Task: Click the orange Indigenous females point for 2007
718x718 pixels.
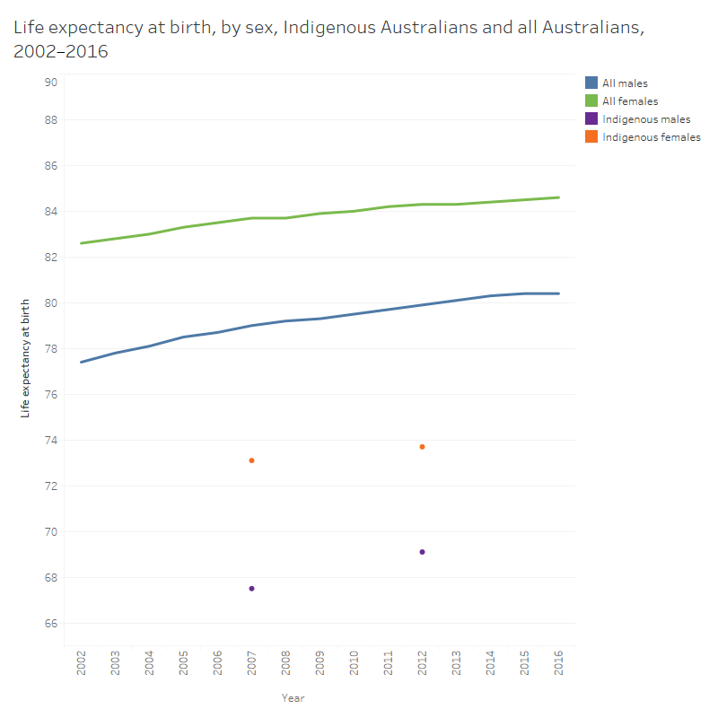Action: (251, 460)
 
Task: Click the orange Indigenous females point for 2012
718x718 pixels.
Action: (422, 447)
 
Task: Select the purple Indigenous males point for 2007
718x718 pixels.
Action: (251, 589)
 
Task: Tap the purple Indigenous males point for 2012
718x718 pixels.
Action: (422, 552)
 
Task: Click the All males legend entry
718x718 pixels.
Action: (625, 83)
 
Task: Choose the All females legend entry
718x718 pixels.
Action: (630, 101)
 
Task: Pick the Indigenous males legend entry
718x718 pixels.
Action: (646, 119)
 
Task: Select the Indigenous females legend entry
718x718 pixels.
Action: (651, 137)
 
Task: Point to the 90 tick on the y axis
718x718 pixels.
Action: (51, 82)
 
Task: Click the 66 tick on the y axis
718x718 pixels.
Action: (51, 624)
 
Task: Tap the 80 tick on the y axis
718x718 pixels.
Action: (51, 303)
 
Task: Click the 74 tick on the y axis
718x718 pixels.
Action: (51, 441)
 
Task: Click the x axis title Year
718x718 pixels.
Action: (293, 697)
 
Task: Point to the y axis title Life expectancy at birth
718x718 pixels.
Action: (25, 358)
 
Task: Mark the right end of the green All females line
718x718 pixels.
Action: (558, 197)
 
